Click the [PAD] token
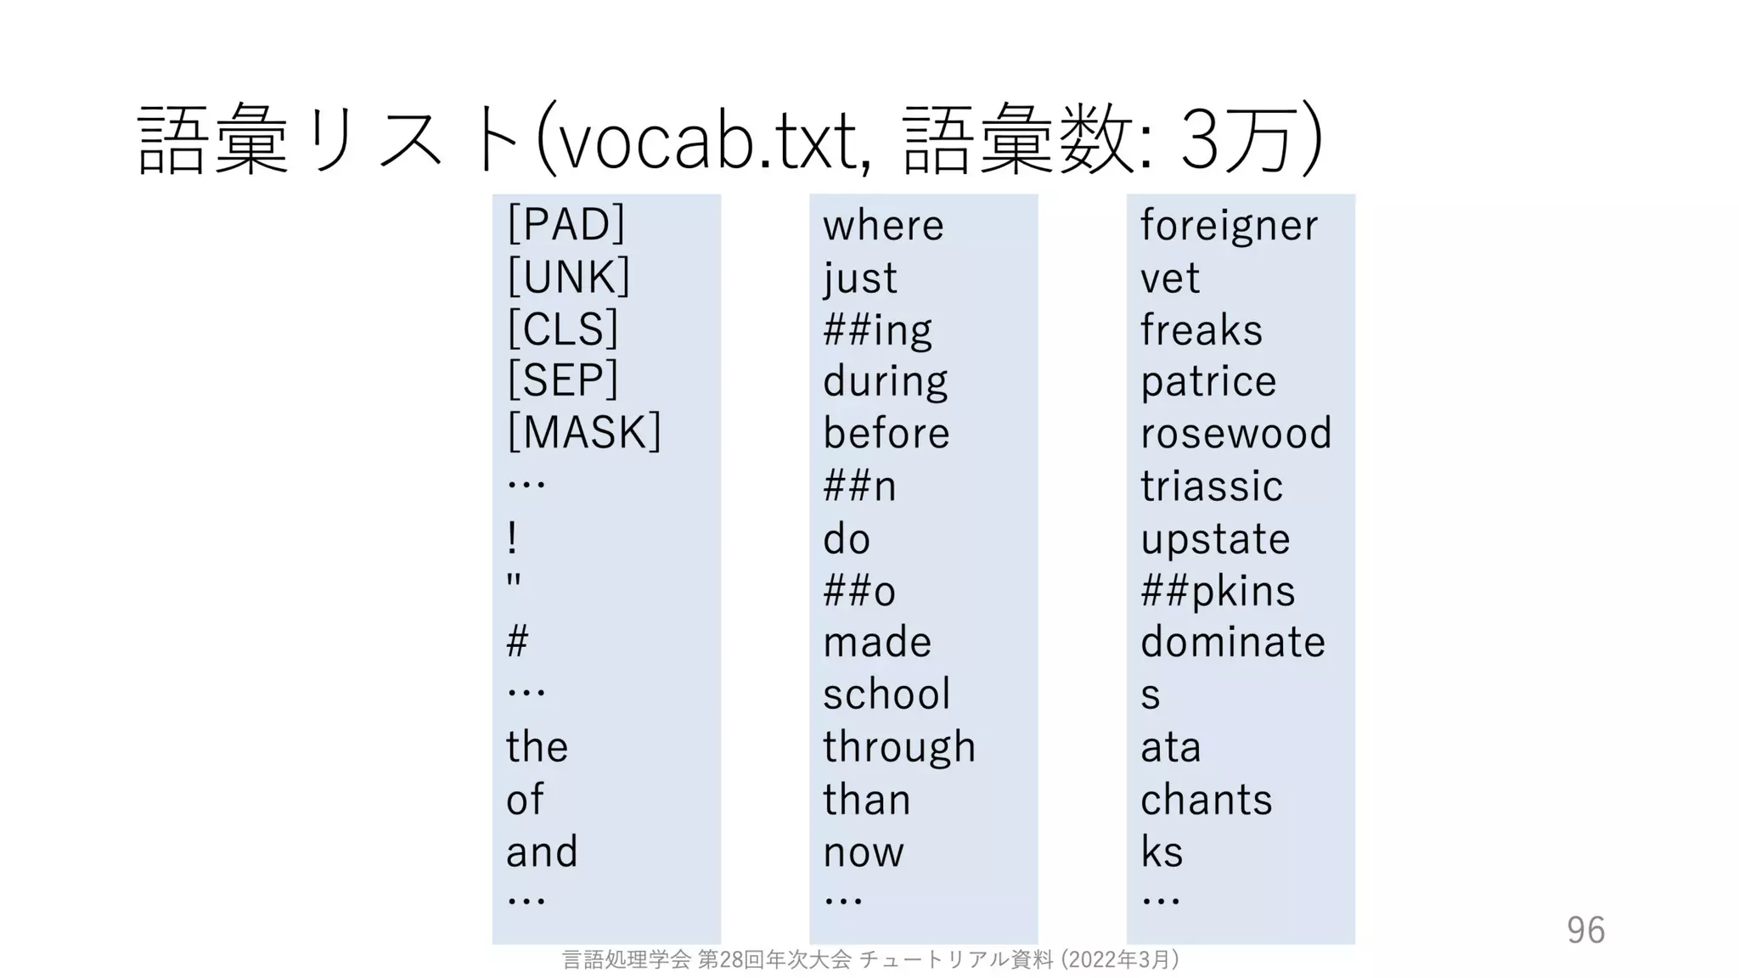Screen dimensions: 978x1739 pos(566,224)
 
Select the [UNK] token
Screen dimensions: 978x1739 pos(568,277)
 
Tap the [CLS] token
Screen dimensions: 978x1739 pos(562,329)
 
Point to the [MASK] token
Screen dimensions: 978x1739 pos(583,432)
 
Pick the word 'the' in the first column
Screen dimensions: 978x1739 pos(537,747)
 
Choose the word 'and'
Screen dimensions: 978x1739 pos(542,852)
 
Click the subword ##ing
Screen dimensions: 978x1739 pos(877,330)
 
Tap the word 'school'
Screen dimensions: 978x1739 pos(886,694)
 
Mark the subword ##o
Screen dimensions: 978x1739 pos(859,591)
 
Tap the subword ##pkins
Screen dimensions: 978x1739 pos(1218,591)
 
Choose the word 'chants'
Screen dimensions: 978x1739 pos(1206,800)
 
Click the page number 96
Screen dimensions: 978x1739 pos(1585,930)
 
